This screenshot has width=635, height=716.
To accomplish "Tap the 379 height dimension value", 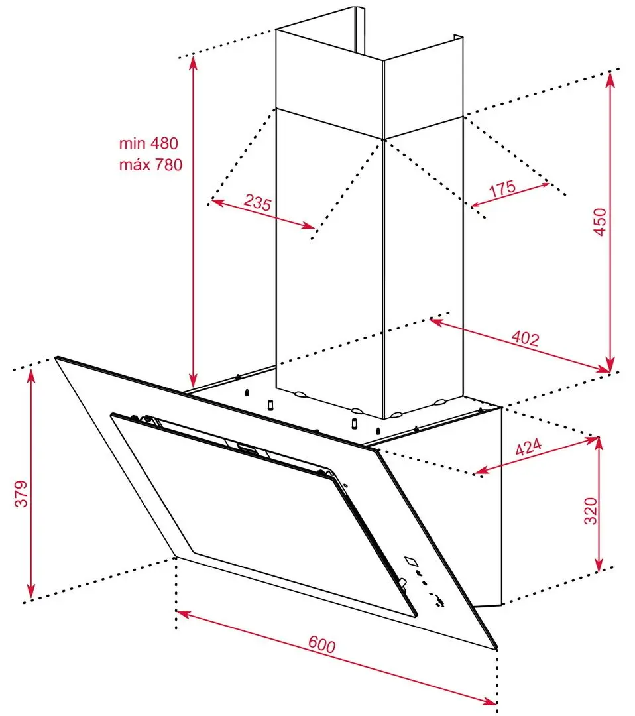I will click(22, 493).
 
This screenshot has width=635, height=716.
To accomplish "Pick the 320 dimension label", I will click(591, 510).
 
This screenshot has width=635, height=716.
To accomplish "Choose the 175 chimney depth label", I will click(502, 188).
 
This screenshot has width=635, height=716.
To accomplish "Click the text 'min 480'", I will click(149, 143).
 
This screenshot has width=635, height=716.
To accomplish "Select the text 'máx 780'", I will click(150, 165).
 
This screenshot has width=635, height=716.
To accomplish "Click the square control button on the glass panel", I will click(413, 560).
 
